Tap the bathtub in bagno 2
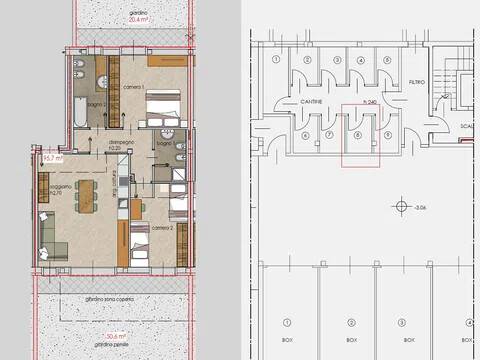[78, 110]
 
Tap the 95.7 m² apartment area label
[51, 158]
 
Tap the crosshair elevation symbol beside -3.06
[402, 207]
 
